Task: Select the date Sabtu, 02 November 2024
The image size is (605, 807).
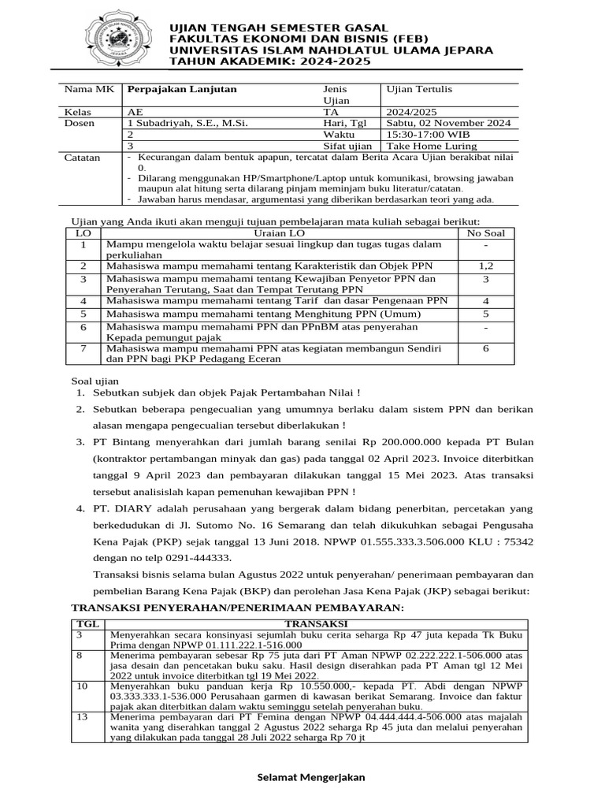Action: coord(447,123)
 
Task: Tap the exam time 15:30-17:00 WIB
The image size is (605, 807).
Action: coord(427,135)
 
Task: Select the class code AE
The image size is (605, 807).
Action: coord(135,112)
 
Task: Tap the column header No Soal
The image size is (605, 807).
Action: coord(486,233)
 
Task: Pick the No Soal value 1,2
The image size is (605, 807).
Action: coord(485,267)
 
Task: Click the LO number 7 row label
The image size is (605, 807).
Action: coord(83,348)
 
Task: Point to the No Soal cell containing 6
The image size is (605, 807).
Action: coord(485,348)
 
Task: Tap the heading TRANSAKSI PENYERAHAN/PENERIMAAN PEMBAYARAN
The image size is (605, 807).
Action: coord(237,608)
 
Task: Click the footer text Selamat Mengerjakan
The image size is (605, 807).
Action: coord(313,777)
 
